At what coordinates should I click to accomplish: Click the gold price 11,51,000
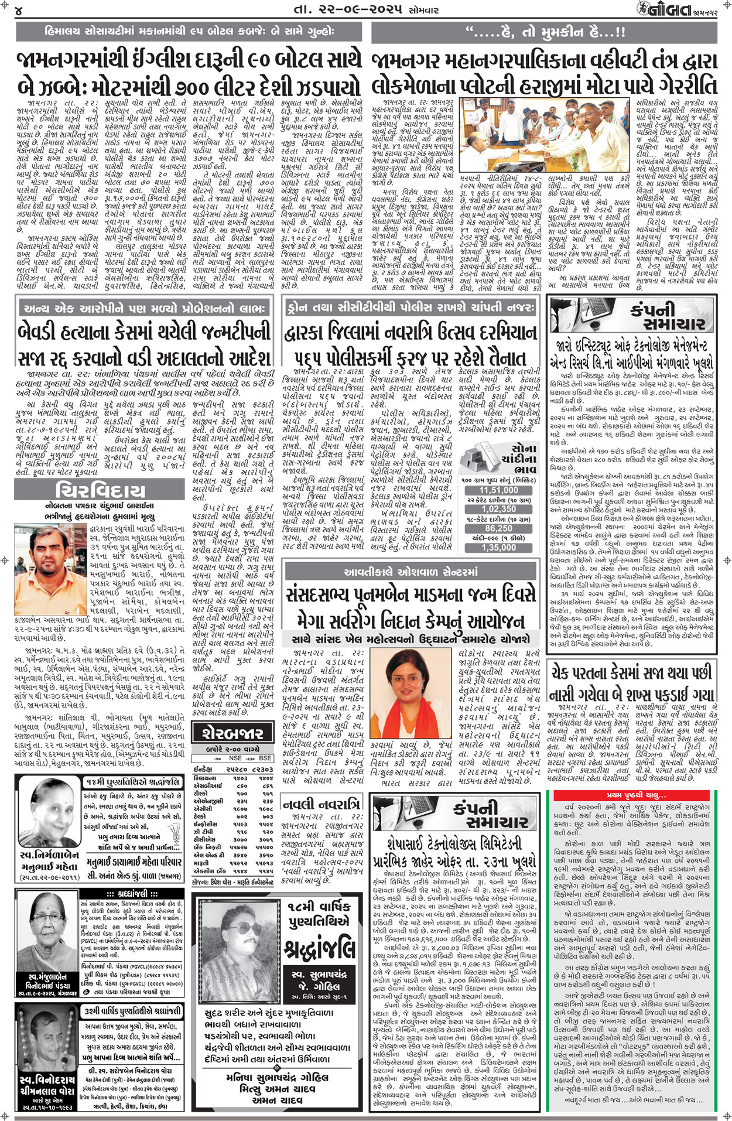pos(498,491)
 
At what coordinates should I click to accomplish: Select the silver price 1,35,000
pos(498,547)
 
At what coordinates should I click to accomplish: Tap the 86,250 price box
pos(498,528)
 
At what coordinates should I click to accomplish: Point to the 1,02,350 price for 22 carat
pos(498,510)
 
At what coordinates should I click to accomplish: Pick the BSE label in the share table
pos(265,758)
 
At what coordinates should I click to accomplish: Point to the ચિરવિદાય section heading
pos(100,490)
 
